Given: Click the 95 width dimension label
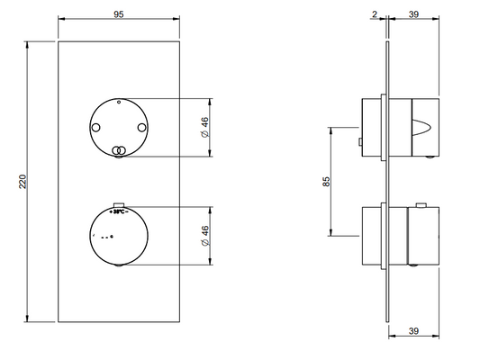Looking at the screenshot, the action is click(119, 14).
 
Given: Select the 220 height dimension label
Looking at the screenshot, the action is click(23, 182).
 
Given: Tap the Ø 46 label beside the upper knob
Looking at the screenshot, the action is click(205, 127).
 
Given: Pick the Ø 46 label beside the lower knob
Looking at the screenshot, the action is click(205, 236).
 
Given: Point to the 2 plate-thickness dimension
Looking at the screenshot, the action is click(375, 14).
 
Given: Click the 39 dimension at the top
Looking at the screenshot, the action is click(413, 14).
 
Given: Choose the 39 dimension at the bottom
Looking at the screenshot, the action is click(413, 331).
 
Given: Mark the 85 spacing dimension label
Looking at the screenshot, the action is click(326, 182).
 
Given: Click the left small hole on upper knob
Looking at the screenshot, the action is click(95, 128).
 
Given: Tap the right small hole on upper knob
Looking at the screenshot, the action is click(141, 128).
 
